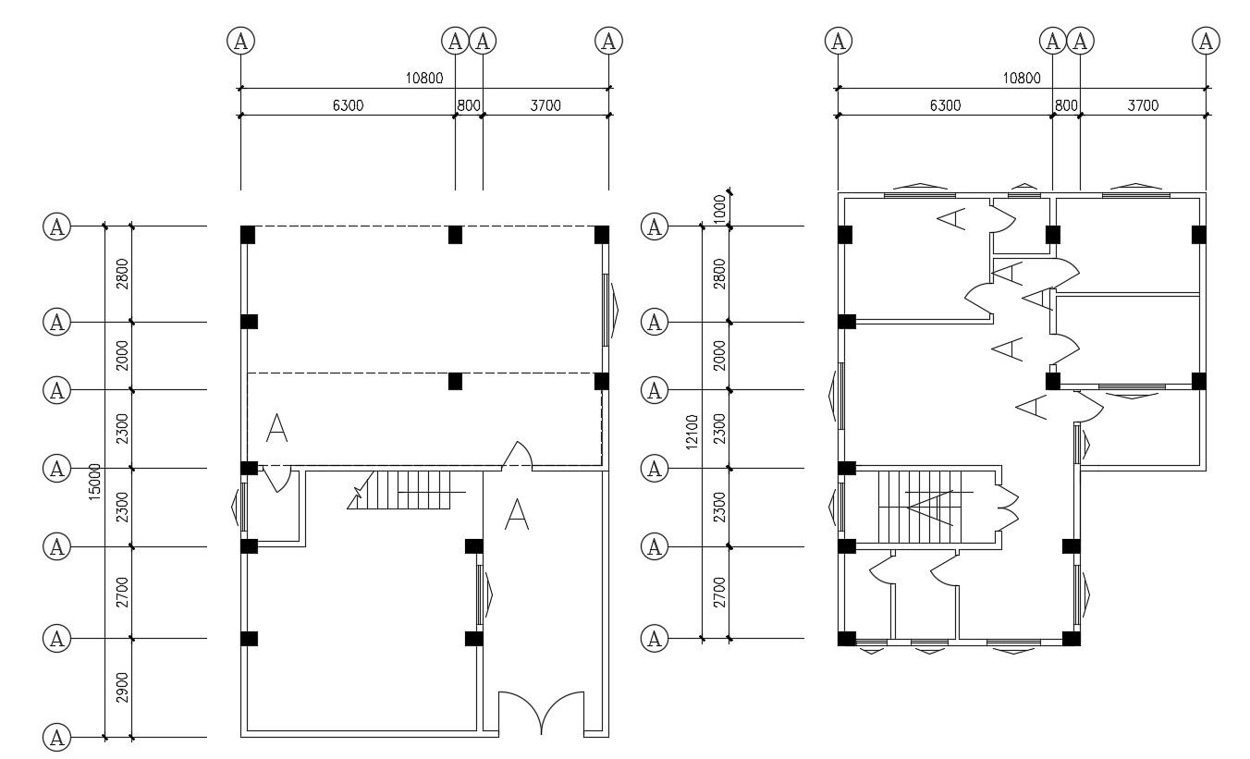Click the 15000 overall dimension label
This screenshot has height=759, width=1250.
click(92, 482)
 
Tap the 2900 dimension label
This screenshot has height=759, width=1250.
click(121, 688)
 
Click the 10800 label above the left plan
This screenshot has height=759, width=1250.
click(424, 79)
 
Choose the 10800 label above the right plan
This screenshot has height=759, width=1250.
click(1022, 79)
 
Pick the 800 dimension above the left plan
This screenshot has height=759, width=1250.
click(469, 105)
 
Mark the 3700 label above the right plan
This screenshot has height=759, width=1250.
click(1143, 105)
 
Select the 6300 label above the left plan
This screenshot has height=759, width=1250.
click(348, 105)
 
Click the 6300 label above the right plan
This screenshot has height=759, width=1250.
click(945, 105)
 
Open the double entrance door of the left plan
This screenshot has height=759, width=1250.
click(541, 714)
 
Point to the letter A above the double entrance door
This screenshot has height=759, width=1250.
click(516, 515)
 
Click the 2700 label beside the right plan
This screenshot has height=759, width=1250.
click(719, 592)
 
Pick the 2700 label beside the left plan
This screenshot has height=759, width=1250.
click(121, 592)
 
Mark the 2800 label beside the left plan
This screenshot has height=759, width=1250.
click(121, 274)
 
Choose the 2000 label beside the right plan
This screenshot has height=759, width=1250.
click(719, 354)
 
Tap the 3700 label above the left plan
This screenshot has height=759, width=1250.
click(545, 105)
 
